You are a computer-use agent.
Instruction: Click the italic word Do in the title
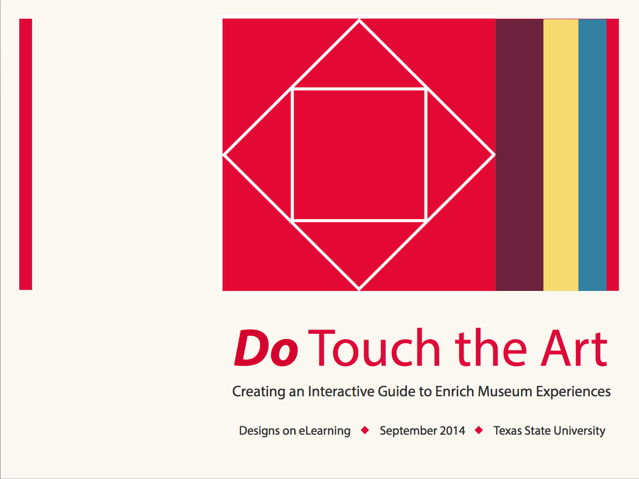[266, 348]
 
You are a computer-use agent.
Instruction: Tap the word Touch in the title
[374, 347]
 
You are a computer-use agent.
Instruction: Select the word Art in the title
[574, 348]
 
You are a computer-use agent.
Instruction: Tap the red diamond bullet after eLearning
[365, 430]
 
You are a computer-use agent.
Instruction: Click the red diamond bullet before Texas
[479, 430]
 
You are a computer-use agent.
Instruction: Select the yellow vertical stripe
[561, 155]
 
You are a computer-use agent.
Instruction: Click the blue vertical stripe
[592, 155]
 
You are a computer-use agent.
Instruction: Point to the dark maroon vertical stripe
[519, 155]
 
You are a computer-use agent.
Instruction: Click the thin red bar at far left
[26, 155]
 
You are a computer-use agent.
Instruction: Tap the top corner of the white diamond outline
[359, 20]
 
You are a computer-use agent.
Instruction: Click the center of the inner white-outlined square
[359, 155]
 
